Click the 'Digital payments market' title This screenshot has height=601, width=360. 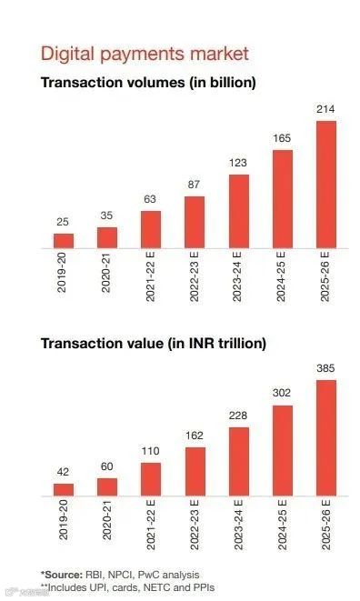[x=145, y=54]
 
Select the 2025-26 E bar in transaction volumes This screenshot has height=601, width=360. [x=326, y=185]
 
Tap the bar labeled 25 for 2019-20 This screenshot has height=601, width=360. [x=64, y=241]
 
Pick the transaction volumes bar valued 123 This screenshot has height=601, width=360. [x=239, y=211]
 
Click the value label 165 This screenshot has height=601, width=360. [x=282, y=138]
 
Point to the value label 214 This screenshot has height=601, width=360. [x=325, y=109]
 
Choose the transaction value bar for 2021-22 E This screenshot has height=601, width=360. [x=151, y=479]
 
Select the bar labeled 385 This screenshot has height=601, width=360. [x=326, y=437]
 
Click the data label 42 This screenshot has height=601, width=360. [x=63, y=472]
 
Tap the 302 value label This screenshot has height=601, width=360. [x=282, y=393]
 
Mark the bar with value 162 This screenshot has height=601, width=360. [x=195, y=472]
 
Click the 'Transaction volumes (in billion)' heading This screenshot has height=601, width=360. [x=148, y=83]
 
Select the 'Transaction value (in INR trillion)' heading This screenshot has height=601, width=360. [x=154, y=343]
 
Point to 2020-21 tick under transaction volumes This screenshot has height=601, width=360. [x=106, y=273]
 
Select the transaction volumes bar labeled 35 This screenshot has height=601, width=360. [x=107, y=237]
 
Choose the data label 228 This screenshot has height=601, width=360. [x=238, y=416]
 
